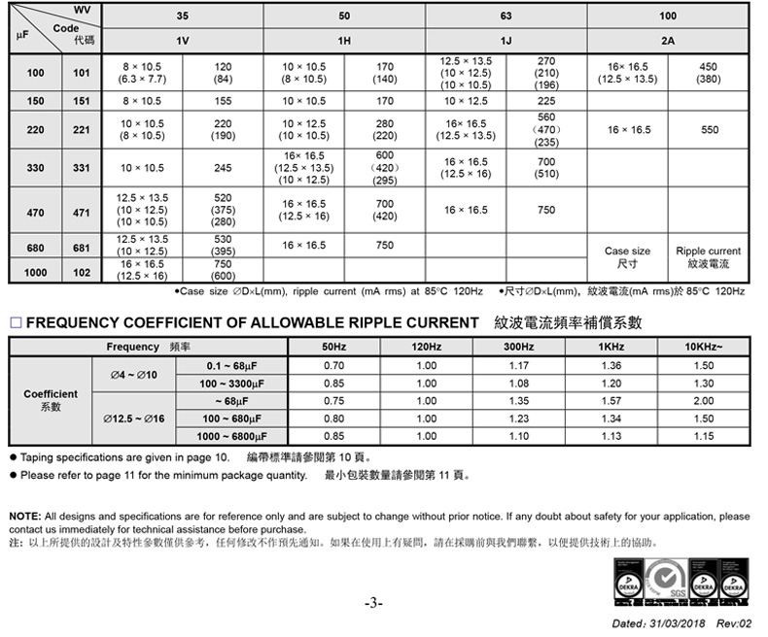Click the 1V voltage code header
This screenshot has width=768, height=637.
point(183,41)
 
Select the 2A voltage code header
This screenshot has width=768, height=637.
point(667,41)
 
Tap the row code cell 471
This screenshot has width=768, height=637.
point(82,211)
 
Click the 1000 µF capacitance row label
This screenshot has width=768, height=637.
point(36,273)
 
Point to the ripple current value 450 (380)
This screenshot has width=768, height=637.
point(709,73)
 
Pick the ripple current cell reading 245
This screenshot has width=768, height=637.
point(223,168)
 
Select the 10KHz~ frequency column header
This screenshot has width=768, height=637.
point(704,347)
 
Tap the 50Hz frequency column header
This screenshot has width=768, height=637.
point(333,347)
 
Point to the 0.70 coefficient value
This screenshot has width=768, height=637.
point(333,365)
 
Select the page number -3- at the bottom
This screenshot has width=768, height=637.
point(373,604)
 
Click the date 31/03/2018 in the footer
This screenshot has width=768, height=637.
point(674,623)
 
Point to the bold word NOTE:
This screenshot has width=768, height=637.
point(24,516)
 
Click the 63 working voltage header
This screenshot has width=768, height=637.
point(506,17)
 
